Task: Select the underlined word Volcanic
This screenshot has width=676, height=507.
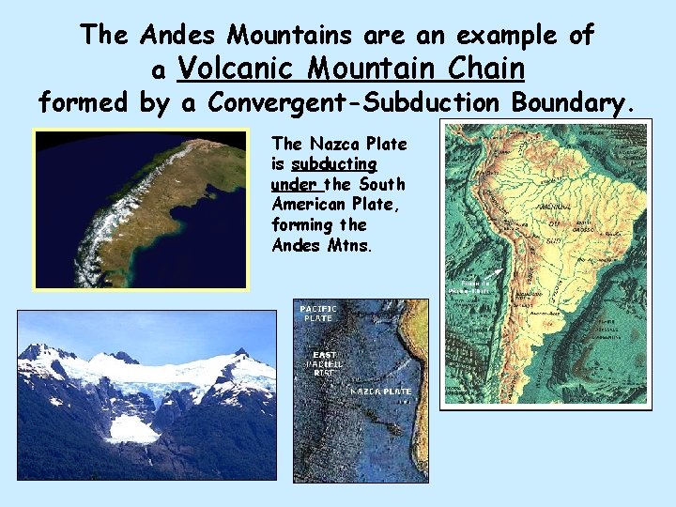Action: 238,68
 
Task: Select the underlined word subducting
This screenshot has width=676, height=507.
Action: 333,164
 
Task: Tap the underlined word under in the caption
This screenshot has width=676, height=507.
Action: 292,184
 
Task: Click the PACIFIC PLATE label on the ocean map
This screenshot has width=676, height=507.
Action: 317,313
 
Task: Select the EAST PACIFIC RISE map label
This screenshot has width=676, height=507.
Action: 325,363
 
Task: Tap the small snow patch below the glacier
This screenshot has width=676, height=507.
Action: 132,429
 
